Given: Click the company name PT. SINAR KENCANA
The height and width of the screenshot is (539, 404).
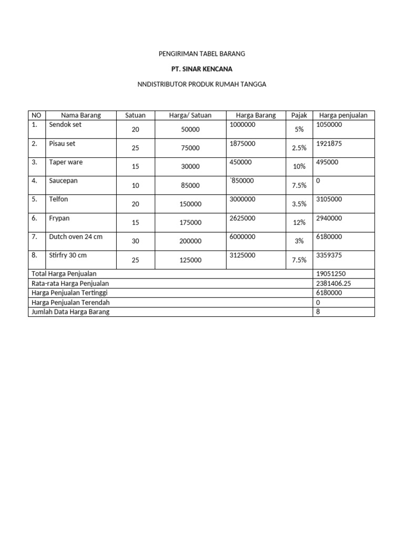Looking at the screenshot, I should (x=202, y=69).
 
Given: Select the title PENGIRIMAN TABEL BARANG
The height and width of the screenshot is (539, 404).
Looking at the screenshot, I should (x=202, y=54).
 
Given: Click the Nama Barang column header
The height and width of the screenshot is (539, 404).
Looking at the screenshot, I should (x=80, y=115).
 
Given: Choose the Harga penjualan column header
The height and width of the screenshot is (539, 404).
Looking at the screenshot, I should (x=344, y=115).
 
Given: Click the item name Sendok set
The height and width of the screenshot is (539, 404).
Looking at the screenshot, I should (x=65, y=125).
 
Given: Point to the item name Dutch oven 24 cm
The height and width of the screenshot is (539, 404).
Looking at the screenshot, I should (x=76, y=237).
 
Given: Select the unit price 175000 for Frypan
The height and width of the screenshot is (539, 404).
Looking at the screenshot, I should (x=190, y=223).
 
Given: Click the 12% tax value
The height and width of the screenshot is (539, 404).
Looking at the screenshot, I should (x=299, y=223).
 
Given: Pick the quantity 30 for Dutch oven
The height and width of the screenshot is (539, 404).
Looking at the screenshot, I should (x=135, y=241).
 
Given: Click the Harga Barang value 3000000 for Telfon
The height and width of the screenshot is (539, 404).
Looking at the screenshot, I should (x=243, y=199).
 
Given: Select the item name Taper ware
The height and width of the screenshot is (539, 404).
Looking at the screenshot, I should (x=66, y=162).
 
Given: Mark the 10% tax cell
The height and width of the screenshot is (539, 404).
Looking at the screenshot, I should (x=299, y=166).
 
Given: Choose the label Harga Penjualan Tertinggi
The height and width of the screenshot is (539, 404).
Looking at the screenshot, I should (x=69, y=293).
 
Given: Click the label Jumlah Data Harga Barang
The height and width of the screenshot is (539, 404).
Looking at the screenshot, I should (x=71, y=312).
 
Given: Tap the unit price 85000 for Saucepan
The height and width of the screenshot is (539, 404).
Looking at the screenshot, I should (x=190, y=185).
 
